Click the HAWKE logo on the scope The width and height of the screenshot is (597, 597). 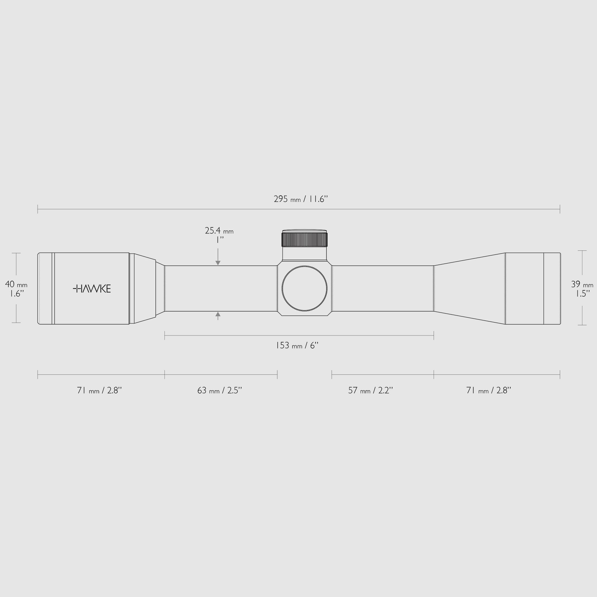point(92,289)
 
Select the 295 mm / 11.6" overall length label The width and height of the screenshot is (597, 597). point(300,199)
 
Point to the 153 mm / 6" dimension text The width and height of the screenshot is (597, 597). point(297,345)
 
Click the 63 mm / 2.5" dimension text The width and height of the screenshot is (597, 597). point(219,390)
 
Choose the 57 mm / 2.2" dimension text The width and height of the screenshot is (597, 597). point(370,390)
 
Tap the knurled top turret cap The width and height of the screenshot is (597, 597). point(304,240)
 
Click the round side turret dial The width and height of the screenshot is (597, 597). point(304,288)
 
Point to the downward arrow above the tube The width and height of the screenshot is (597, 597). point(218,262)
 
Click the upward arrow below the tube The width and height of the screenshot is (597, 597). point(218,315)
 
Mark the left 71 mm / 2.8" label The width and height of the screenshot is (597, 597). point(99,390)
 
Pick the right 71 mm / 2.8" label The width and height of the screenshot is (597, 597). point(488,390)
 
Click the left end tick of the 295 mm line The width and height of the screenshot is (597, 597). point(38,209)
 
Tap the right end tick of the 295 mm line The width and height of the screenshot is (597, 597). point(560,209)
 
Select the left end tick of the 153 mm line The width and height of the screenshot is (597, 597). point(165,335)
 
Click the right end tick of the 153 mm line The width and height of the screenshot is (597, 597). point(434,335)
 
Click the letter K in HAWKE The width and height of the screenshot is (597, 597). point(101,289)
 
